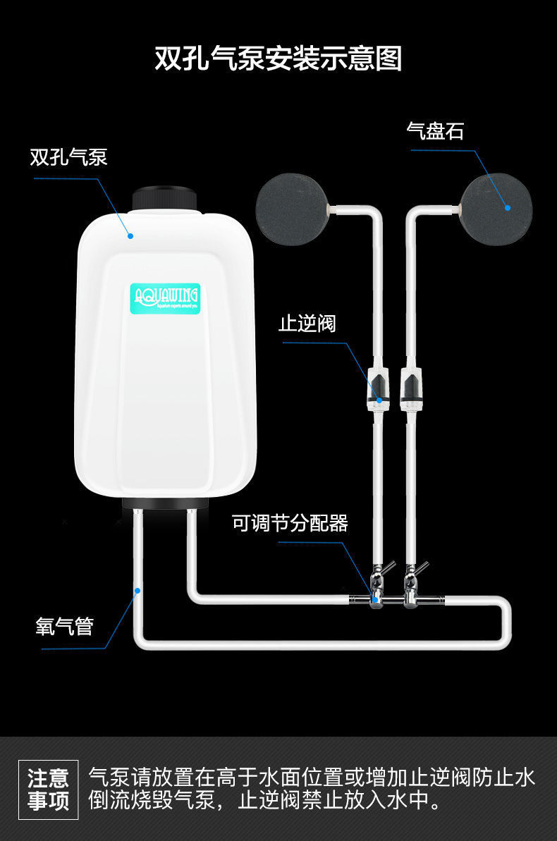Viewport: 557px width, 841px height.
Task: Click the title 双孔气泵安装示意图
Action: pos(278,59)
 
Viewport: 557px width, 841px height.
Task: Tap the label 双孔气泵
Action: pos(68,156)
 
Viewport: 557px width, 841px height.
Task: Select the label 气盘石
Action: pos(435,130)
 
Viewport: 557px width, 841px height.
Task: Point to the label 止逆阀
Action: pos(307,324)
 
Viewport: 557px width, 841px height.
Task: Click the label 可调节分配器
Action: pos(290,523)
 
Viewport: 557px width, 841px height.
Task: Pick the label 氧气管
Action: pos(64,626)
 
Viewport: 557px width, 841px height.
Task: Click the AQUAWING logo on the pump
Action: pos(166,297)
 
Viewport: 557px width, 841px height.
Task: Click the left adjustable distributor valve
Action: pos(377,584)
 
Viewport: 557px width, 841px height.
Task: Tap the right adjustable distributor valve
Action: pos(412,584)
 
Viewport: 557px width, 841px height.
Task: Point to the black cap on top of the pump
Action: pos(165,198)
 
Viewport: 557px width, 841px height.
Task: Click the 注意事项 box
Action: pos(49,790)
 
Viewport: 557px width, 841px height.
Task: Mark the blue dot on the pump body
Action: pos(130,236)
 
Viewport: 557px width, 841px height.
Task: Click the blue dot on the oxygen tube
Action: pos(137,590)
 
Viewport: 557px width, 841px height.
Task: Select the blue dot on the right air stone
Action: pos(507,207)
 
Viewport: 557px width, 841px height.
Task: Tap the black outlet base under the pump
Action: pos(165,504)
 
